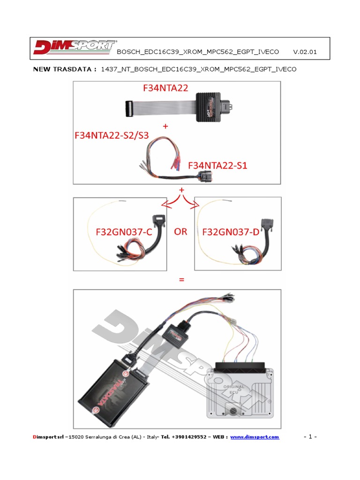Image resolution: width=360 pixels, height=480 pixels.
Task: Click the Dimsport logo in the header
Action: (x=74, y=48)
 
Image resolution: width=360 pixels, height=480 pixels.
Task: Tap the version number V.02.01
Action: (x=305, y=52)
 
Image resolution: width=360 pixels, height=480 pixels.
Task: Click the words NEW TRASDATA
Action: (x=65, y=69)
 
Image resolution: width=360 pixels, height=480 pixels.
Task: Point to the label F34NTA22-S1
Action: (x=217, y=165)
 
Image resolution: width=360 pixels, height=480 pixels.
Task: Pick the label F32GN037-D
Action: (x=231, y=232)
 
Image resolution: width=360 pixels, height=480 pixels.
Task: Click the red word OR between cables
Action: (x=180, y=232)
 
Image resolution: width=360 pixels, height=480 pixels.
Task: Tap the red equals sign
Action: (x=180, y=280)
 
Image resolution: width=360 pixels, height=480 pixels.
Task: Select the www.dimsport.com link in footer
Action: (x=255, y=437)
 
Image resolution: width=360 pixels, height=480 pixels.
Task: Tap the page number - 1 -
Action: (x=310, y=437)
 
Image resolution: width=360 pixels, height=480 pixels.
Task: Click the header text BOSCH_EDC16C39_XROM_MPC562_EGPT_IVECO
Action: (x=197, y=52)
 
